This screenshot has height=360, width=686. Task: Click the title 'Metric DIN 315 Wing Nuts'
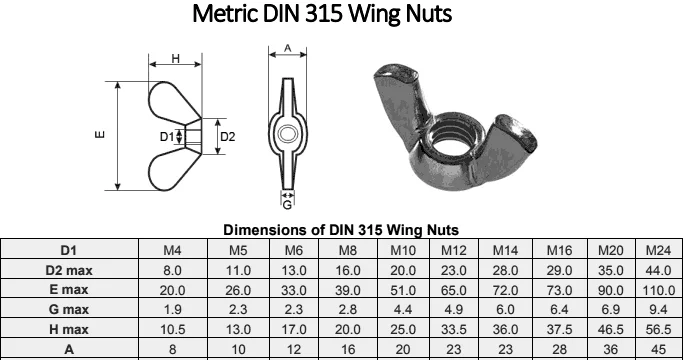(322, 14)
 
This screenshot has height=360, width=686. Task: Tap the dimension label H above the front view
(175, 58)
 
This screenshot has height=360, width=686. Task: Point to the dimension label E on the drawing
(100, 134)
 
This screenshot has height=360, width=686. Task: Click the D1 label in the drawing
(166, 137)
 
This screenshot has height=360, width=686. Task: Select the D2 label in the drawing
(228, 137)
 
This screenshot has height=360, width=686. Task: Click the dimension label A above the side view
(287, 48)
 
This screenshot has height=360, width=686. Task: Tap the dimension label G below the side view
(287, 205)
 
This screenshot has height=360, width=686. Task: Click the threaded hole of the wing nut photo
(451, 144)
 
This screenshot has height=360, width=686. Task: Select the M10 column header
(403, 250)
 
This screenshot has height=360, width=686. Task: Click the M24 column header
(658, 250)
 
